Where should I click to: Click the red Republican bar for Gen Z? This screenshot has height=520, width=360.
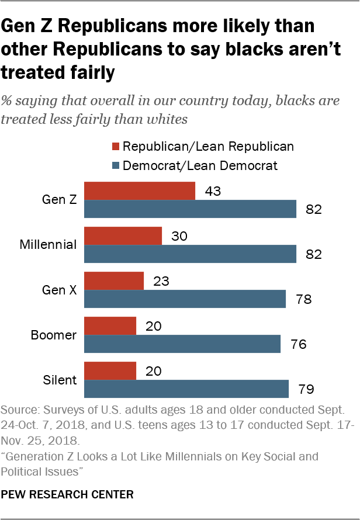tap(140, 190)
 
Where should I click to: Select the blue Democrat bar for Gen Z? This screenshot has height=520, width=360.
tap(191, 209)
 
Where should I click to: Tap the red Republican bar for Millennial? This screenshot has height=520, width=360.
tap(123, 235)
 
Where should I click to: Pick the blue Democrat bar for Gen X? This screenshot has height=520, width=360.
tap(185, 299)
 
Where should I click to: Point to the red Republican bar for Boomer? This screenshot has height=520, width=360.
tap(110, 326)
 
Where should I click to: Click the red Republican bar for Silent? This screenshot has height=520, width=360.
tap(110, 371)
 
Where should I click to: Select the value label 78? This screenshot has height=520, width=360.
tap(304, 300)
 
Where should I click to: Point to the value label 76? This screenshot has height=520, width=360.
tap(299, 345)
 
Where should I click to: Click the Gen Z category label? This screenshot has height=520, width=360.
tap(59, 199)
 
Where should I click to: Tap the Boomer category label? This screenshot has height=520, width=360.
tap(53, 335)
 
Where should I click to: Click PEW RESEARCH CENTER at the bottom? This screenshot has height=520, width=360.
tap(68, 494)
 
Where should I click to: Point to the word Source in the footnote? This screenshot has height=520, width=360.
tap(18, 407)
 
